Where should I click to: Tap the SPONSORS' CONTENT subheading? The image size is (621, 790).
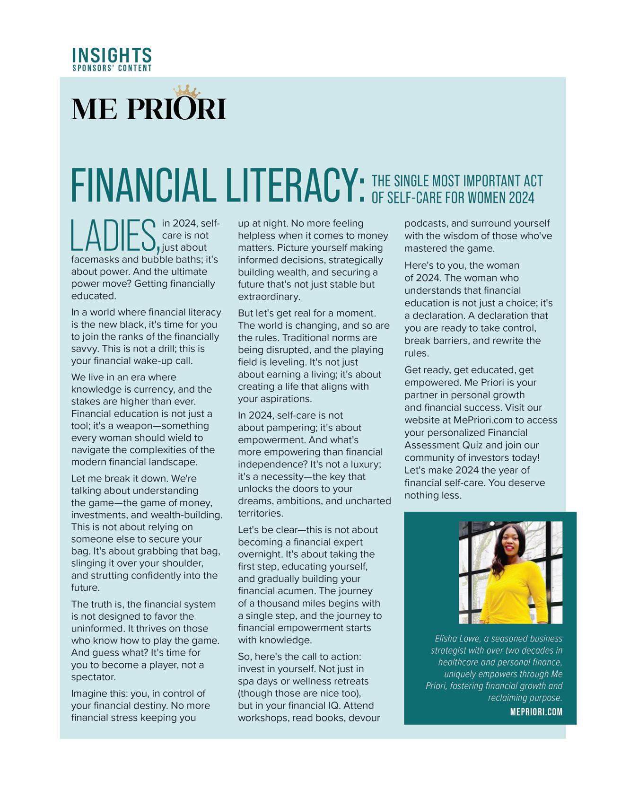click(x=112, y=68)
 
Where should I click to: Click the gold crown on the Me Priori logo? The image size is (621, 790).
click(x=186, y=91)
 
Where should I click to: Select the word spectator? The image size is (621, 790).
click(x=93, y=677)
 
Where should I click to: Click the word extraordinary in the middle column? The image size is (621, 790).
click(x=269, y=297)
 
